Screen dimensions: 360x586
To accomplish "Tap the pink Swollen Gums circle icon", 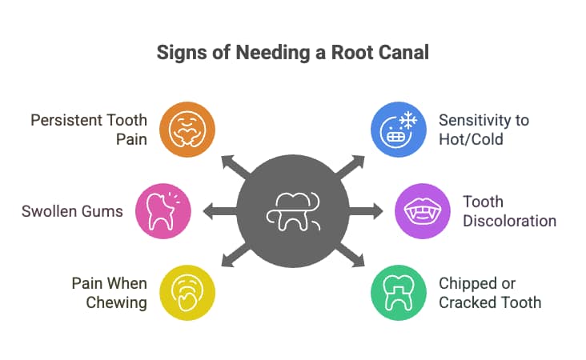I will pos(165,211).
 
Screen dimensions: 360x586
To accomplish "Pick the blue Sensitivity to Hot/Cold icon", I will pos(398,127).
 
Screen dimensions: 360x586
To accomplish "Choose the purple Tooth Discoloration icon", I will pos(422,211).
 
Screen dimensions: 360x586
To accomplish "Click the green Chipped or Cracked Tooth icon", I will pos(398,293).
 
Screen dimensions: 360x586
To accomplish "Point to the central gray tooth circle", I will pos(293,211).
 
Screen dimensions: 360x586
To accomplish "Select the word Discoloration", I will pos(509,220).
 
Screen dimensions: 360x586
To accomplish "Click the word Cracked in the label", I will pos(468,302).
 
